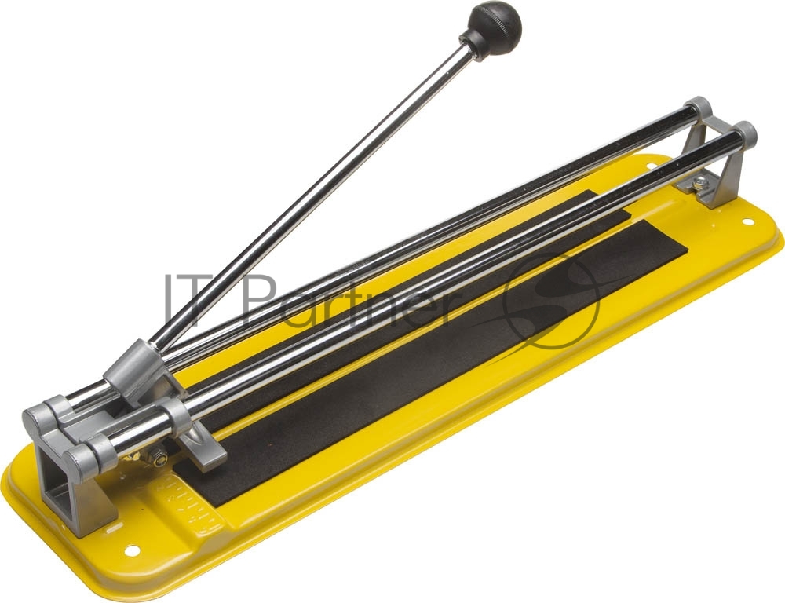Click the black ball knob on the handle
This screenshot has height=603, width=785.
(x=495, y=24)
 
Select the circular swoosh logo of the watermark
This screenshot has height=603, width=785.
(x=551, y=300)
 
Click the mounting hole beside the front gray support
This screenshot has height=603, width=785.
(x=132, y=550)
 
